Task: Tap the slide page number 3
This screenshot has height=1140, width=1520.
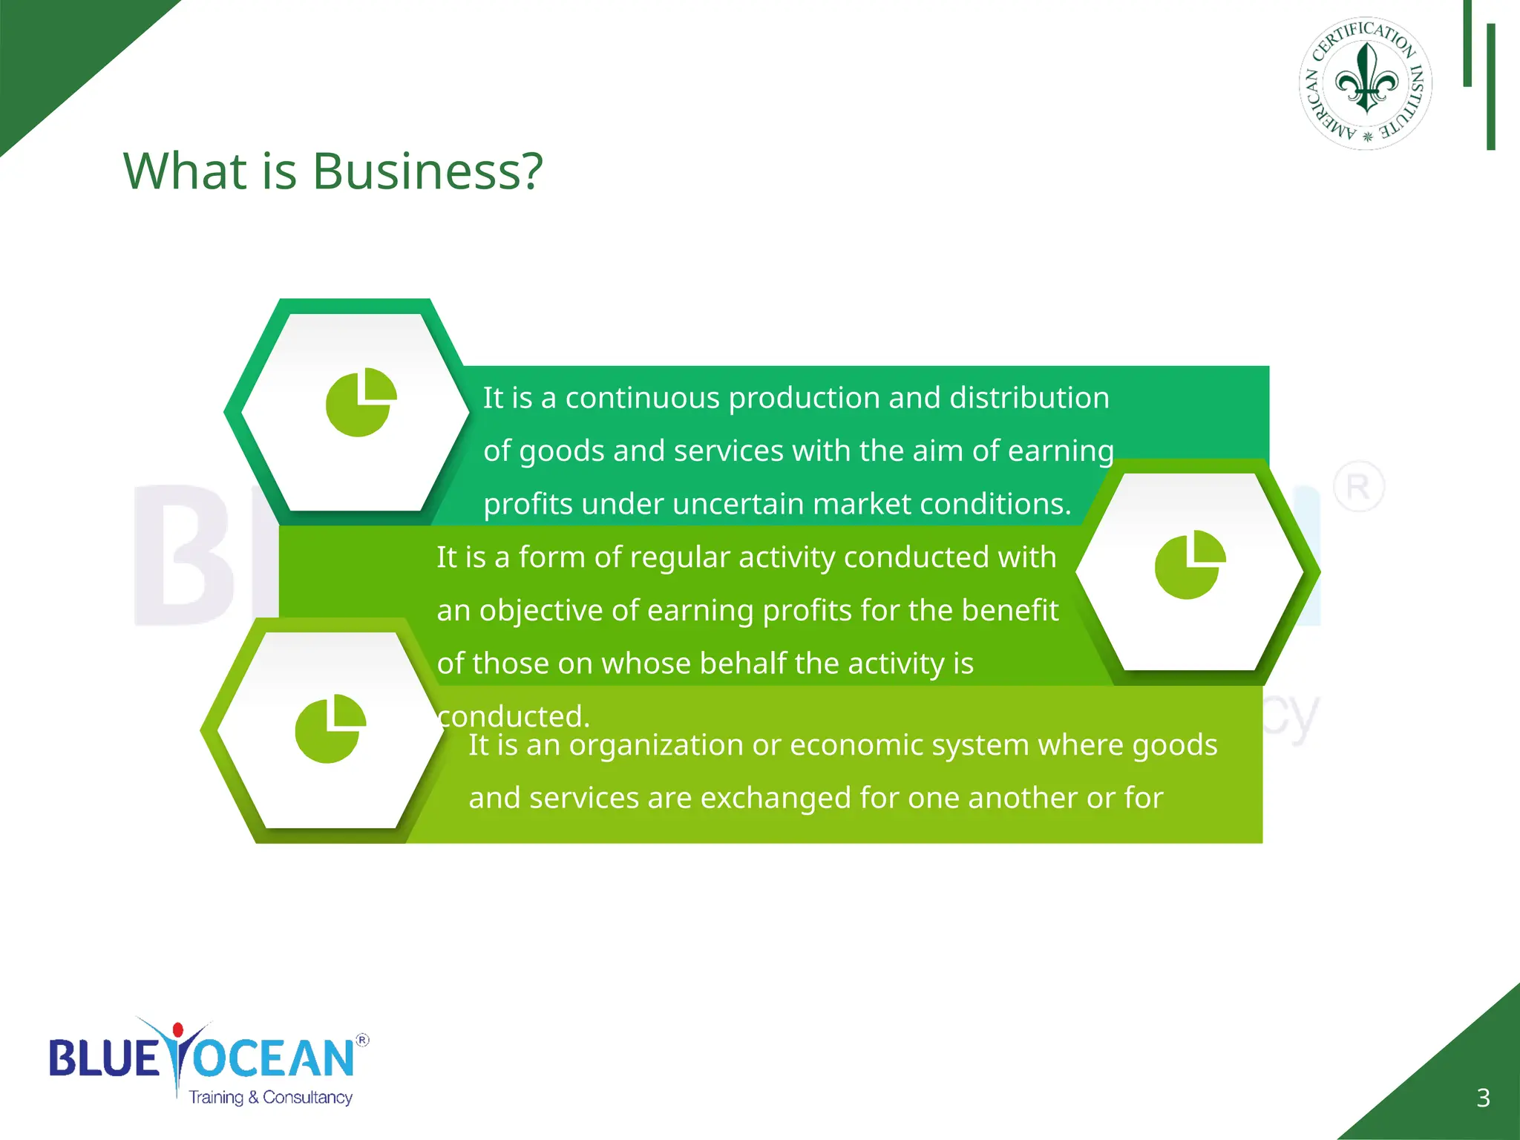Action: pyautogui.click(x=1483, y=1098)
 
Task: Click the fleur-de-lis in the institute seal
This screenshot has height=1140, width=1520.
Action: pyautogui.click(x=1366, y=79)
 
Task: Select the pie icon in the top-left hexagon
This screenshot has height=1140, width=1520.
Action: pyautogui.click(x=361, y=402)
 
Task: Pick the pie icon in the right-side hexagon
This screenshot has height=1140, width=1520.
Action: pyautogui.click(x=1190, y=565)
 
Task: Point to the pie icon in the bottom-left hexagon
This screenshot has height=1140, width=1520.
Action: pyautogui.click(x=330, y=729)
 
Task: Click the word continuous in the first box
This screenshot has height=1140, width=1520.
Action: pyautogui.click(x=642, y=398)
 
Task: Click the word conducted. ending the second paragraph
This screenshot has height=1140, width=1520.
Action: pyautogui.click(x=514, y=716)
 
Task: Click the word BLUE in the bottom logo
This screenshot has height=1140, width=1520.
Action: pyautogui.click(x=104, y=1058)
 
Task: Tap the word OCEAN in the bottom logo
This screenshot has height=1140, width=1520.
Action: pyautogui.click(x=275, y=1058)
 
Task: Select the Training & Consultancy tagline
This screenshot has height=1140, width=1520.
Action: pyautogui.click(x=270, y=1097)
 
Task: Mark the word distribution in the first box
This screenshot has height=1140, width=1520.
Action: pyautogui.click(x=1029, y=398)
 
